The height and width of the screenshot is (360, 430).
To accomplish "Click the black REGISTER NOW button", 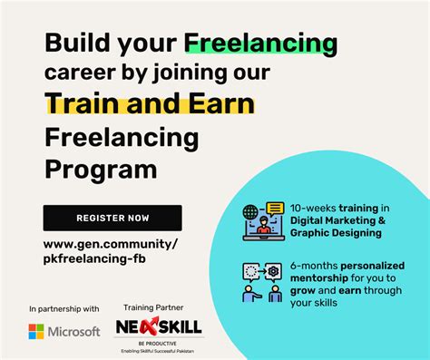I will point(112,219).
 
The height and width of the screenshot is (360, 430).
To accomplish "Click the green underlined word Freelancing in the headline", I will point(260,43).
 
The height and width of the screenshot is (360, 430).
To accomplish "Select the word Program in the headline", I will point(99,170).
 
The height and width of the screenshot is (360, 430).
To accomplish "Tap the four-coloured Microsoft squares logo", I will point(37,332).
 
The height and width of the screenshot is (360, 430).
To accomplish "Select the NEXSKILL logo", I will point(159,326).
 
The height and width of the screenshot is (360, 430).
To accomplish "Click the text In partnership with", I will point(64,308).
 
